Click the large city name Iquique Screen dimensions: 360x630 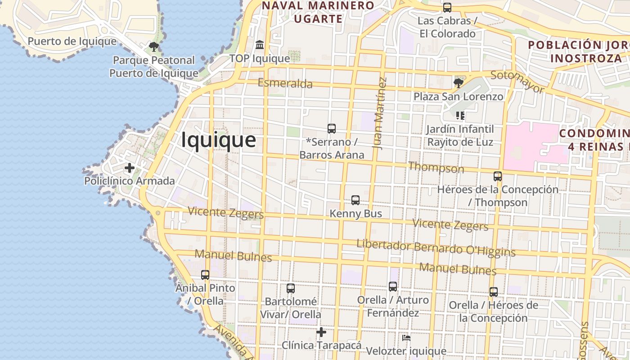click(219, 140)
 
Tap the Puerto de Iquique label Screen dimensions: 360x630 click(72, 41)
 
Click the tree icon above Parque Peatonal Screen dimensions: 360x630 click(154, 46)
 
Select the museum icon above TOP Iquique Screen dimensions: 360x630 click(260, 45)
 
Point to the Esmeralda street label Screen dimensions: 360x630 click(285, 83)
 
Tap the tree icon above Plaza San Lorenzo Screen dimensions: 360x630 click(459, 83)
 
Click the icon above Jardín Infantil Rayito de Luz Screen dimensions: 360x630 click(460, 116)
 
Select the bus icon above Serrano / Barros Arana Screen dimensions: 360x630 click(332, 128)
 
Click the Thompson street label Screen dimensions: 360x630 click(436, 167)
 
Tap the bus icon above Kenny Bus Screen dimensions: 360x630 click(355, 200)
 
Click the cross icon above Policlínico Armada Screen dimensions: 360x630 click(130, 168)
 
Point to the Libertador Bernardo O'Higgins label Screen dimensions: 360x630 click(436, 248)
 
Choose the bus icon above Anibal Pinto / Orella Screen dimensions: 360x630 click(205, 274)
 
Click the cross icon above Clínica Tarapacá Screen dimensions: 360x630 click(321, 332)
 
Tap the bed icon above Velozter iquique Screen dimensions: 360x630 click(406, 337)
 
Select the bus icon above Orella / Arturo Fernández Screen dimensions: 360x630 click(393, 286)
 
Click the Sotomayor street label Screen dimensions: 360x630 click(517, 81)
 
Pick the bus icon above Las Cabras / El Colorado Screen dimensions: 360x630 click(447, 7)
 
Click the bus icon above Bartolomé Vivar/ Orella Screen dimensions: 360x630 click(291, 288)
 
